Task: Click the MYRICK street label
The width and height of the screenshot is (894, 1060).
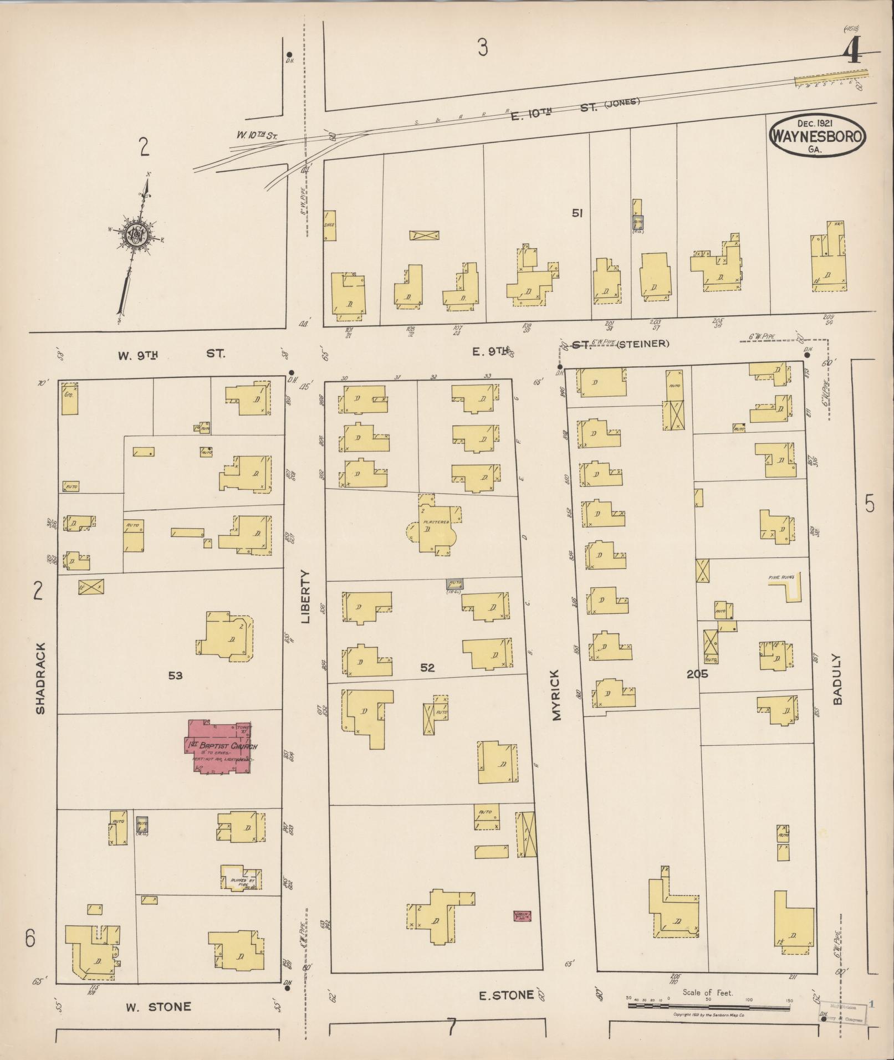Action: [x=556, y=694]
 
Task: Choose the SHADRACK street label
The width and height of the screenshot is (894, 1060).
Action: [x=40, y=678]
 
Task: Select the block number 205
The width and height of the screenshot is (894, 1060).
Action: [x=696, y=674]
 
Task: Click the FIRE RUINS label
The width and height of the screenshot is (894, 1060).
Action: [x=780, y=577]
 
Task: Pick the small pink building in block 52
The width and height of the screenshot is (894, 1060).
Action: [x=522, y=916]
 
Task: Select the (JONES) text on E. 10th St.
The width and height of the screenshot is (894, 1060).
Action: [x=622, y=102]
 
